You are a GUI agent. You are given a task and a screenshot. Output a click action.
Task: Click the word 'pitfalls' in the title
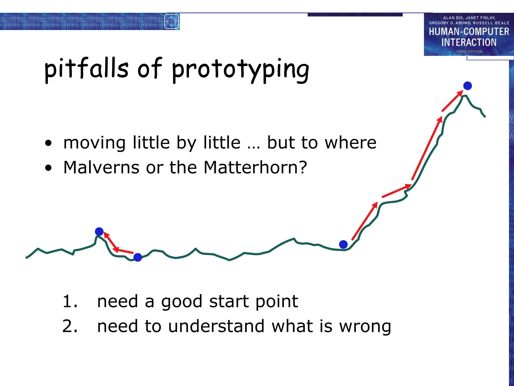(x=86, y=68)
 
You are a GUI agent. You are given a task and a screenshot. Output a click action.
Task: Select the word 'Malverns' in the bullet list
(x=101, y=167)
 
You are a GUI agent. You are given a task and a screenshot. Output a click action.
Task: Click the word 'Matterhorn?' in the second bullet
(x=255, y=167)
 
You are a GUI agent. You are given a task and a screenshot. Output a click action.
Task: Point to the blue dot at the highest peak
(x=467, y=86)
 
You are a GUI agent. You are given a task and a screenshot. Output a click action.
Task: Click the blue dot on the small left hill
(x=99, y=231)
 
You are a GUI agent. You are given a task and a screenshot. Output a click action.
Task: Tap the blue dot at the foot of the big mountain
(x=343, y=244)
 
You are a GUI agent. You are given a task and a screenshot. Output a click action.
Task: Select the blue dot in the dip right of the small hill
(x=138, y=257)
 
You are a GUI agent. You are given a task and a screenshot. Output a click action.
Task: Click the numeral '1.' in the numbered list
(x=70, y=301)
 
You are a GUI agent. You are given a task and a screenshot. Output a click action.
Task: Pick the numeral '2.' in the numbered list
(x=70, y=326)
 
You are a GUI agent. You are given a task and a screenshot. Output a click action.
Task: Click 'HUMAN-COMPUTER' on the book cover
(x=469, y=32)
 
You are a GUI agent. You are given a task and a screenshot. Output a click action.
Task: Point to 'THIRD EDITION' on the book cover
(x=469, y=52)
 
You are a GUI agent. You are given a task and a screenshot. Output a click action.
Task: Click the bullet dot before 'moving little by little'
(x=48, y=143)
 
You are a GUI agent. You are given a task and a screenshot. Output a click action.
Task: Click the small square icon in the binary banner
(x=171, y=22)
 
